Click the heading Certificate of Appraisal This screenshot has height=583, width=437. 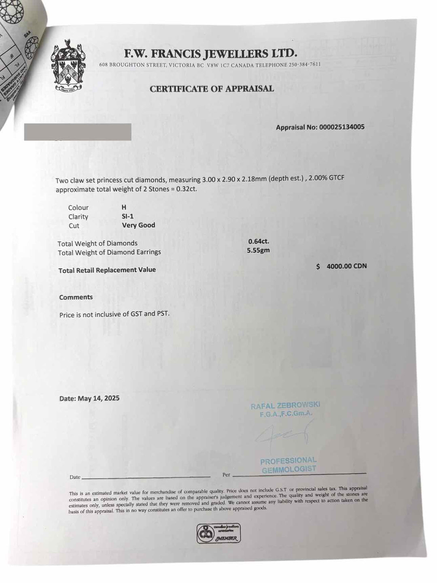click(212, 89)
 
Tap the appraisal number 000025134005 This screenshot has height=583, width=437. click(342, 127)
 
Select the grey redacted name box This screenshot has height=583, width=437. click(78, 132)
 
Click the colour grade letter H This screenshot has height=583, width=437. click(124, 207)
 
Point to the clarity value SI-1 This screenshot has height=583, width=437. click(127, 216)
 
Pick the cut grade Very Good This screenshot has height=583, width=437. click(138, 225)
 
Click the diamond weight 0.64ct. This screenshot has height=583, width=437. click(259, 241)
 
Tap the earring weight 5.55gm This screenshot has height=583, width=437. click(258, 250)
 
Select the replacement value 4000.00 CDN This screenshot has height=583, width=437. click(346, 266)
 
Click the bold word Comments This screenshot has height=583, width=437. click(76, 297)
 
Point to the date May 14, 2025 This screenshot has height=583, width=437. click(98, 398)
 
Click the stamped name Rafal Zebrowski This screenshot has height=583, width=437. click(285, 406)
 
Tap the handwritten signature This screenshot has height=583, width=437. click(283, 435)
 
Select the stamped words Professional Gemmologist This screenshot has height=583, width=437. click(289, 465)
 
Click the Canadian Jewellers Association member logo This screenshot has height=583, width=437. click(218, 533)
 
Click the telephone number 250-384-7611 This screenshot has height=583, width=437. click(305, 65)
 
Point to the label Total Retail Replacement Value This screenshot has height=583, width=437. click(107, 270)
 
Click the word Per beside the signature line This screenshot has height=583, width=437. click(226, 474)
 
